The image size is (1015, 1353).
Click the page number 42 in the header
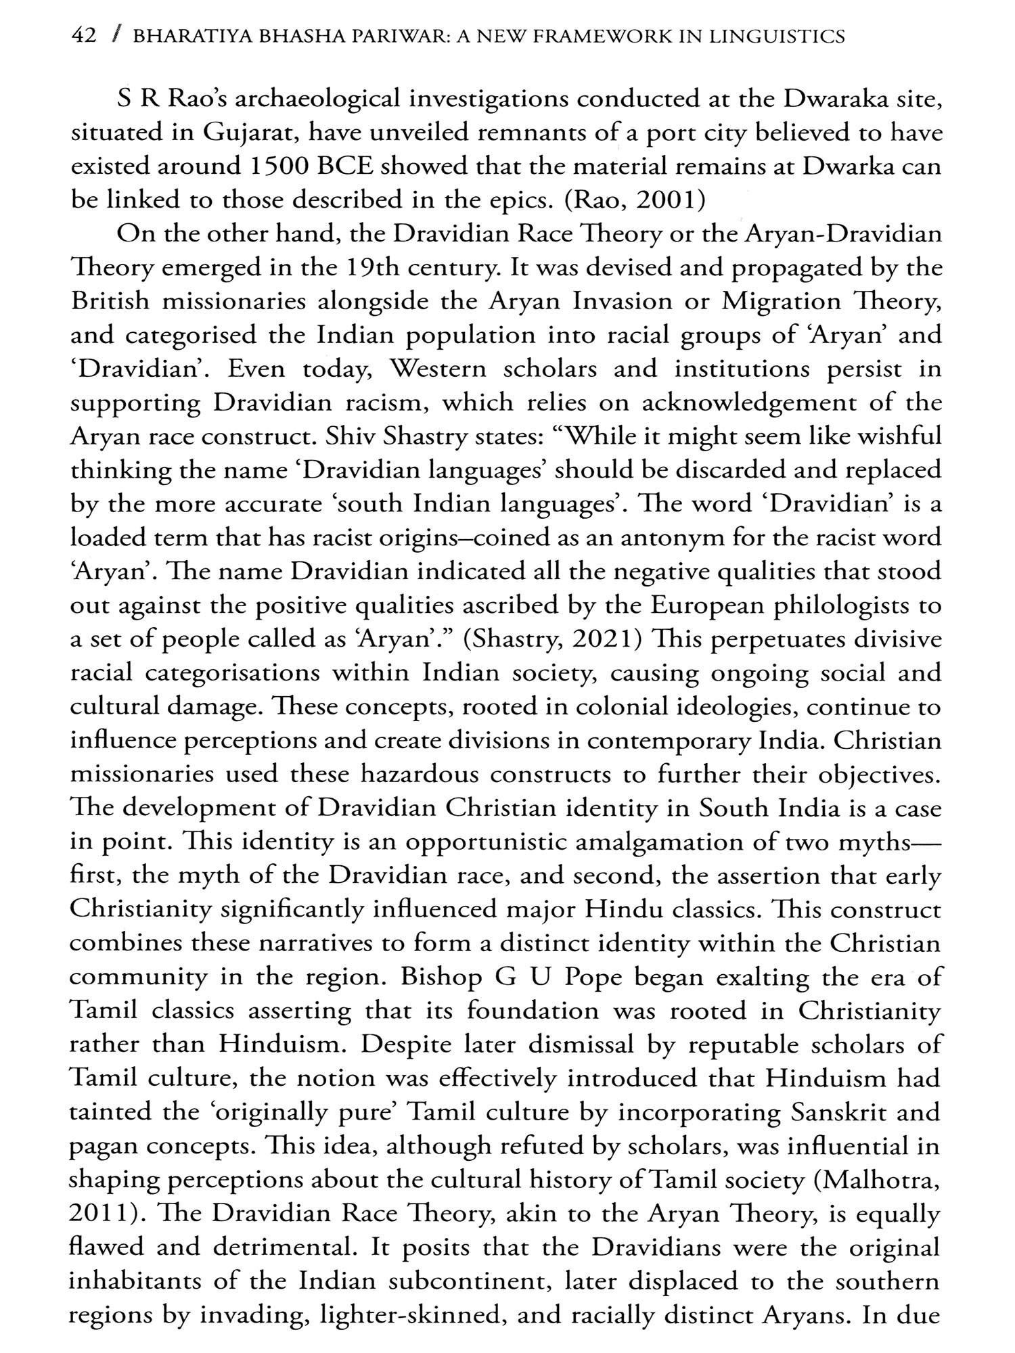coord(84,36)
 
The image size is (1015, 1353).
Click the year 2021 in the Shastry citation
coord(603,640)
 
